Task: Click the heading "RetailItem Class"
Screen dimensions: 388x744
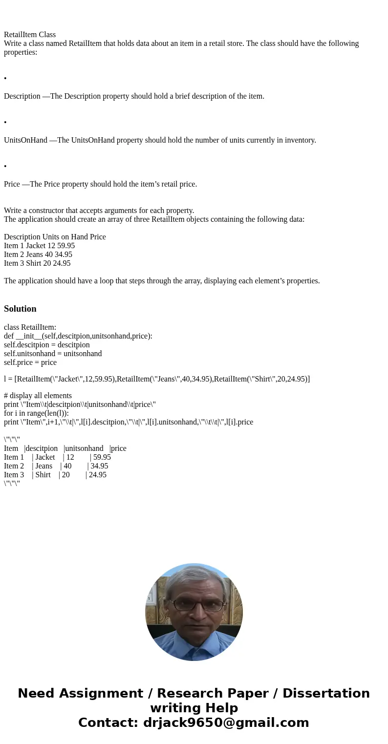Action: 30,35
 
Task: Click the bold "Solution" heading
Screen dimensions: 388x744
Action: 20,309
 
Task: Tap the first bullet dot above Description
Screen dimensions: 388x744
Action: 5,79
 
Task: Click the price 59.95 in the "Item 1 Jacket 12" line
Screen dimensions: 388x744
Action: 66,246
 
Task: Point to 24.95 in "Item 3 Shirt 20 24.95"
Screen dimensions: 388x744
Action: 62,263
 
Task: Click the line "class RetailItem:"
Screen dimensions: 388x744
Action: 30,327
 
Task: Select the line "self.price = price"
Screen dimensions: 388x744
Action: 30,362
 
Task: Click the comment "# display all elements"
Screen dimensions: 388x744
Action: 38,396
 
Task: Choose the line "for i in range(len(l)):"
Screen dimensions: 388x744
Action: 36,413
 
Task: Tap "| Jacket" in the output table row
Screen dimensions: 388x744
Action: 43,457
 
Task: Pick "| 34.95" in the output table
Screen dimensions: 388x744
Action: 98,466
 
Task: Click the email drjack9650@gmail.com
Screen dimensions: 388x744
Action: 226,723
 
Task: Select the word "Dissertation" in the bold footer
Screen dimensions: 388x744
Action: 326,694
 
